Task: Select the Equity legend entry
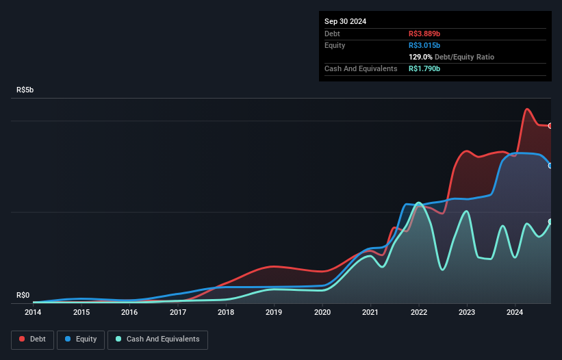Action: pos(81,339)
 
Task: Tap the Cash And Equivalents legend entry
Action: pos(157,339)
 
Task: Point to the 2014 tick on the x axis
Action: pos(33,313)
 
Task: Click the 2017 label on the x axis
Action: pos(178,313)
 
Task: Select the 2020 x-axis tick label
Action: pos(322,313)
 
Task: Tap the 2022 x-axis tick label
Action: pos(419,313)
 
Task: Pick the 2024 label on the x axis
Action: pos(515,313)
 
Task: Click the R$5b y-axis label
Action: pos(25,90)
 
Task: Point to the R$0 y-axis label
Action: pos(23,296)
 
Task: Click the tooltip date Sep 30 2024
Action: pos(345,21)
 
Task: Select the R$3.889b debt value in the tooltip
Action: pos(425,34)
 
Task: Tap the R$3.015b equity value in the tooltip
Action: pos(425,45)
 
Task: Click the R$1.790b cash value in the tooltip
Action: pos(425,68)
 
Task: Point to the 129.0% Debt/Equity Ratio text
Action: pos(452,57)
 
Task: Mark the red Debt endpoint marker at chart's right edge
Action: pos(550,126)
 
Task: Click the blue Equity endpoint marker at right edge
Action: pos(550,165)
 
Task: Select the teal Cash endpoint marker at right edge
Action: pos(550,221)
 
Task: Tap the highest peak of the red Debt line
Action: pos(527,109)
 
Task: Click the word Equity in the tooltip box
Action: pos(335,45)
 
